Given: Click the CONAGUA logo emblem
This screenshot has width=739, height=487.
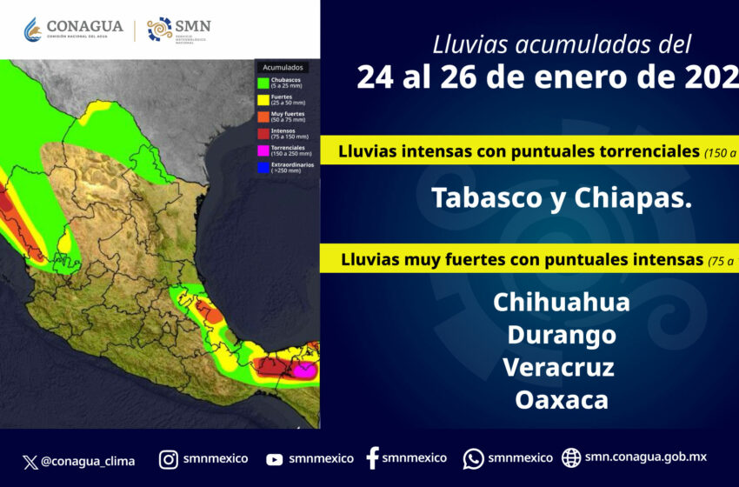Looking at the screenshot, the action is [31, 30].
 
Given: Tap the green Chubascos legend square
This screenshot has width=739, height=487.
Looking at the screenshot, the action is [262, 83].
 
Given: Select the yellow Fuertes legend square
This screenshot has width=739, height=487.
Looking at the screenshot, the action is [262, 100].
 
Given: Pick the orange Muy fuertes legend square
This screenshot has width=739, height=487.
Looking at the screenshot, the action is [262, 117].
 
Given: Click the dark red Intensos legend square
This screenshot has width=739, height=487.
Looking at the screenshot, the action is [262, 133].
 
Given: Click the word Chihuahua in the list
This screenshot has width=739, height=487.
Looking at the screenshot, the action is [561, 303].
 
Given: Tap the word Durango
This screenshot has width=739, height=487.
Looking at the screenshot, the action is [561, 335].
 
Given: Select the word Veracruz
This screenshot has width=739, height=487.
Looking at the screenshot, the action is [558, 367].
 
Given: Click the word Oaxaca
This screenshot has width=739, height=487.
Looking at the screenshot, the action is [561, 399].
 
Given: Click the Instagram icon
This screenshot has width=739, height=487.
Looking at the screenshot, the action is [170, 458].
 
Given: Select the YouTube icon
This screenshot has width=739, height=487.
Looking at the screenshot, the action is [275, 459].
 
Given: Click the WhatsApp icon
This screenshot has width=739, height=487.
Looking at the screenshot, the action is [473, 458].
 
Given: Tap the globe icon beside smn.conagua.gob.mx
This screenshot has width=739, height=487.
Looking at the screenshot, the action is [571, 457].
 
